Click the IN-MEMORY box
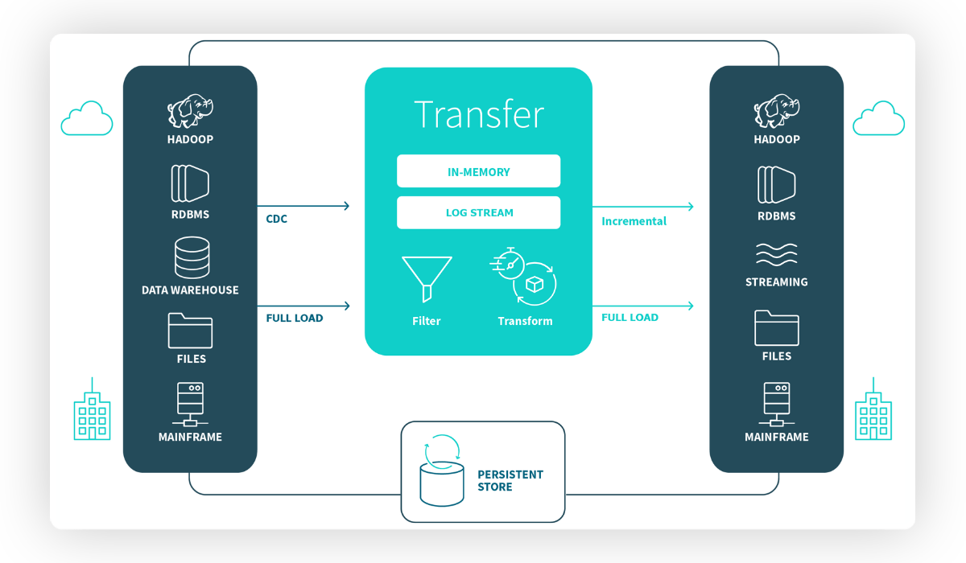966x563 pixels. pyautogui.click(x=478, y=171)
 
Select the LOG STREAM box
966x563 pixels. pyautogui.click(x=478, y=212)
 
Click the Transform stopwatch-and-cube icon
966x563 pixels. pyautogui.click(x=523, y=277)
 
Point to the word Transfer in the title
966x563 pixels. pyautogui.click(x=479, y=114)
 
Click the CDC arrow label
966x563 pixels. pyautogui.click(x=276, y=219)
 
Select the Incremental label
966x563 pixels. pyautogui.click(x=634, y=221)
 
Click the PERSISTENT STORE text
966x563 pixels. pyautogui.click(x=510, y=480)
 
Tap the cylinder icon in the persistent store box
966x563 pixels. pyautogui.click(x=442, y=483)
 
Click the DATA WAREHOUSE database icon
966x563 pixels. pyautogui.click(x=192, y=257)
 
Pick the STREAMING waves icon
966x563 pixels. pyautogui.click(x=776, y=253)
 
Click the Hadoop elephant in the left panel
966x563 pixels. pyautogui.click(x=190, y=111)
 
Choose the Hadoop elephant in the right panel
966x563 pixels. pyautogui.click(x=777, y=111)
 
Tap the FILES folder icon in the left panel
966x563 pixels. pyautogui.click(x=190, y=331)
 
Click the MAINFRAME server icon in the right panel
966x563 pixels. pyautogui.click(x=777, y=404)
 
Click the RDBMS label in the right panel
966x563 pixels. pyautogui.click(x=776, y=216)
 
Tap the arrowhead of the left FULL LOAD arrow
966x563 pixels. pyautogui.click(x=347, y=306)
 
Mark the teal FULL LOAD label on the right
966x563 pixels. pyautogui.click(x=630, y=318)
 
